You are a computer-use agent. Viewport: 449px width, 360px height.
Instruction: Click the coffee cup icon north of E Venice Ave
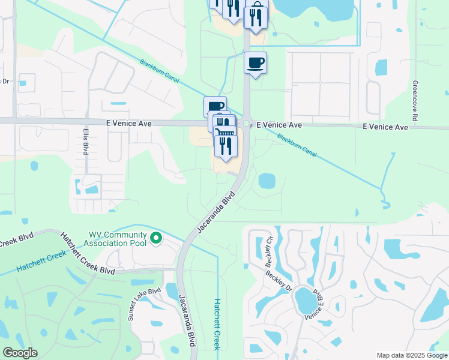[255, 63]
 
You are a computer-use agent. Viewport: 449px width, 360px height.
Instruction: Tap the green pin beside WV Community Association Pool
[156, 239]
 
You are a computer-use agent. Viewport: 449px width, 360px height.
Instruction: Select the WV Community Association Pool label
[118, 239]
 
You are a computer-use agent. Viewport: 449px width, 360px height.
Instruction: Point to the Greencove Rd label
[414, 100]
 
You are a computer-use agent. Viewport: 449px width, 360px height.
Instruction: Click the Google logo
[20, 353]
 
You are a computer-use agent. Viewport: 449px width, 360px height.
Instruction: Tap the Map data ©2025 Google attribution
[411, 355]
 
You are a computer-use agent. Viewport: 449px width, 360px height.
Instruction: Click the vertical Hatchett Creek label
[218, 324]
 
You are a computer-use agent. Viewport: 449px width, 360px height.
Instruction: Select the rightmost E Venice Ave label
[385, 127]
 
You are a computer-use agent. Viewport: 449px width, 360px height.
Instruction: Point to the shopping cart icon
[223, 130]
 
